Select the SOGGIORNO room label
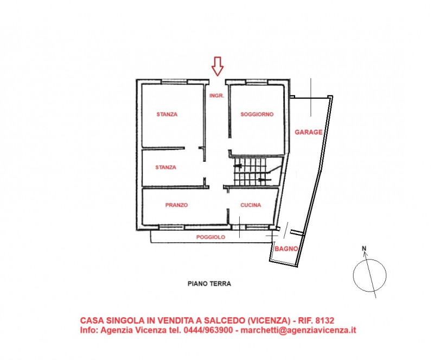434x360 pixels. (x=257, y=115)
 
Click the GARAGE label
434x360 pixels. (x=309, y=132)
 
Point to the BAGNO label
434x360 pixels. (x=285, y=249)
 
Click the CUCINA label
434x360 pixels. (x=251, y=205)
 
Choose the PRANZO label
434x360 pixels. (x=176, y=205)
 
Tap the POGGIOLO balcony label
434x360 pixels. (x=210, y=237)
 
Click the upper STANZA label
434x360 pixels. (x=167, y=115)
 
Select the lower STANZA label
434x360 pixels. (x=165, y=167)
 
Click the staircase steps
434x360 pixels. (x=252, y=171)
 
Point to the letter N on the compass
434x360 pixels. (x=365, y=250)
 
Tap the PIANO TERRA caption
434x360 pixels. (x=209, y=283)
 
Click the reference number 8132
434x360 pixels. (x=331, y=320)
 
